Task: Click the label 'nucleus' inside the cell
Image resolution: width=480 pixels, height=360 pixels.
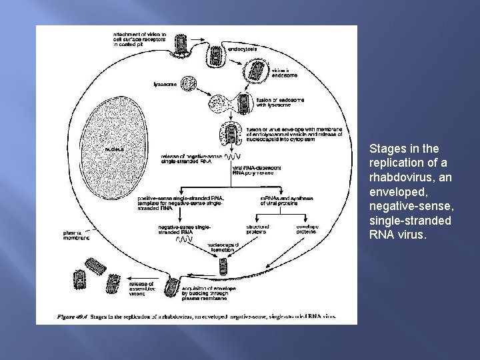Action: tap(114, 149)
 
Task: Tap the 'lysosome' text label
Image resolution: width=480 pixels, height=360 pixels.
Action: tap(165, 85)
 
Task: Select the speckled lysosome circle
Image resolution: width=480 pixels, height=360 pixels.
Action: tap(190, 85)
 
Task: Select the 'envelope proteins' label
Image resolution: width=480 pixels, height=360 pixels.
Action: tap(307, 229)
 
